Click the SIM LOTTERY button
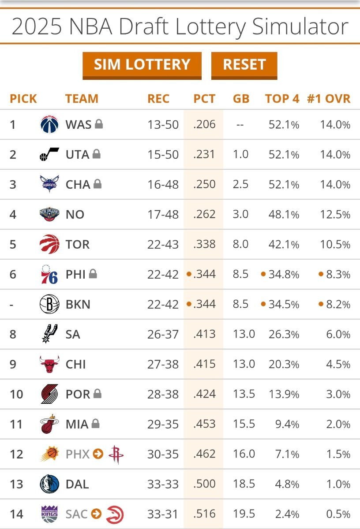click(142, 65)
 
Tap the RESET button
click(244, 65)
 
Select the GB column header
click(241, 98)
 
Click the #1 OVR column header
click(328, 98)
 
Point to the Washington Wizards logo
click(49, 124)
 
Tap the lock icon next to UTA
click(96, 154)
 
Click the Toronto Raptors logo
click(49, 244)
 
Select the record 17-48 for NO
click(163, 214)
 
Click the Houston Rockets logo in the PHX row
click(116, 454)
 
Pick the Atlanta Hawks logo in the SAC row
click(115, 514)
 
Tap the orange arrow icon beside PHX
click(98, 454)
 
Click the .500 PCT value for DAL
click(204, 484)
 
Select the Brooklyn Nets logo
click(49, 304)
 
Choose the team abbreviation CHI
click(75, 364)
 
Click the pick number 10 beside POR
click(16, 394)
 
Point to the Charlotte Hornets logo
click(49, 184)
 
